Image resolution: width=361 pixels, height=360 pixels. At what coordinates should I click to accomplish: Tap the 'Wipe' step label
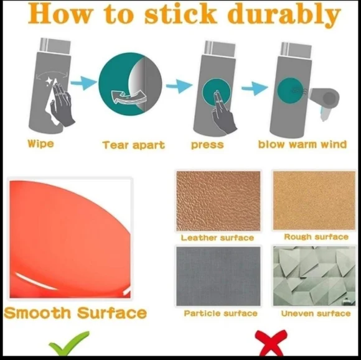pyautogui.click(x=40, y=144)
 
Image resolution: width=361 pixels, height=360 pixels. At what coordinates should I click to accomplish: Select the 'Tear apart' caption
pyautogui.click(x=134, y=145)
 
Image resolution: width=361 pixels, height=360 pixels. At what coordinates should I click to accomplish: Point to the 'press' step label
pyautogui.click(x=207, y=145)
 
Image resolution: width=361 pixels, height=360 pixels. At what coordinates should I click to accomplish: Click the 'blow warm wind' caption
pyautogui.click(x=302, y=144)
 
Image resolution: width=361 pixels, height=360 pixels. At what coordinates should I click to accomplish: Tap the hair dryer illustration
pyautogui.click(x=325, y=99)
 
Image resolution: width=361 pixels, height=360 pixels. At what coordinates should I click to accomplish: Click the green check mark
pyautogui.click(x=68, y=343)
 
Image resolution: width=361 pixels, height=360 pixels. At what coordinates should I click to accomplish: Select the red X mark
pyautogui.click(x=271, y=343)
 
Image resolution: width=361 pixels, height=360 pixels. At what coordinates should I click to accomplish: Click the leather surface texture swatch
pyautogui.click(x=218, y=201)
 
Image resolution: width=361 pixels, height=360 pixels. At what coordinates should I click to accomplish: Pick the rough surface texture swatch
pyautogui.click(x=314, y=200)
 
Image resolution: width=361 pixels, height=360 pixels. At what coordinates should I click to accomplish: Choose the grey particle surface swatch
pyautogui.click(x=218, y=276)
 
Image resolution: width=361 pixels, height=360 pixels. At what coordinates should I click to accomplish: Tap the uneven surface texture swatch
pyautogui.click(x=314, y=276)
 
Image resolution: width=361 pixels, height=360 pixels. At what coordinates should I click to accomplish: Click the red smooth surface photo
pyautogui.click(x=70, y=239)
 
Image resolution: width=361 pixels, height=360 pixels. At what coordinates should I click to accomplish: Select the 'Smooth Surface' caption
pyautogui.click(x=75, y=313)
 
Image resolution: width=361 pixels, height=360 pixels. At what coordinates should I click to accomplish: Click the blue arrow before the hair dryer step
pyautogui.click(x=255, y=88)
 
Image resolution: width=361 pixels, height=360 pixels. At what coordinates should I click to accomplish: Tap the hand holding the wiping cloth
pyautogui.click(x=62, y=104)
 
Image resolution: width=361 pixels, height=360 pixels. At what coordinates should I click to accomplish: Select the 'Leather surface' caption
pyautogui.click(x=217, y=238)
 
